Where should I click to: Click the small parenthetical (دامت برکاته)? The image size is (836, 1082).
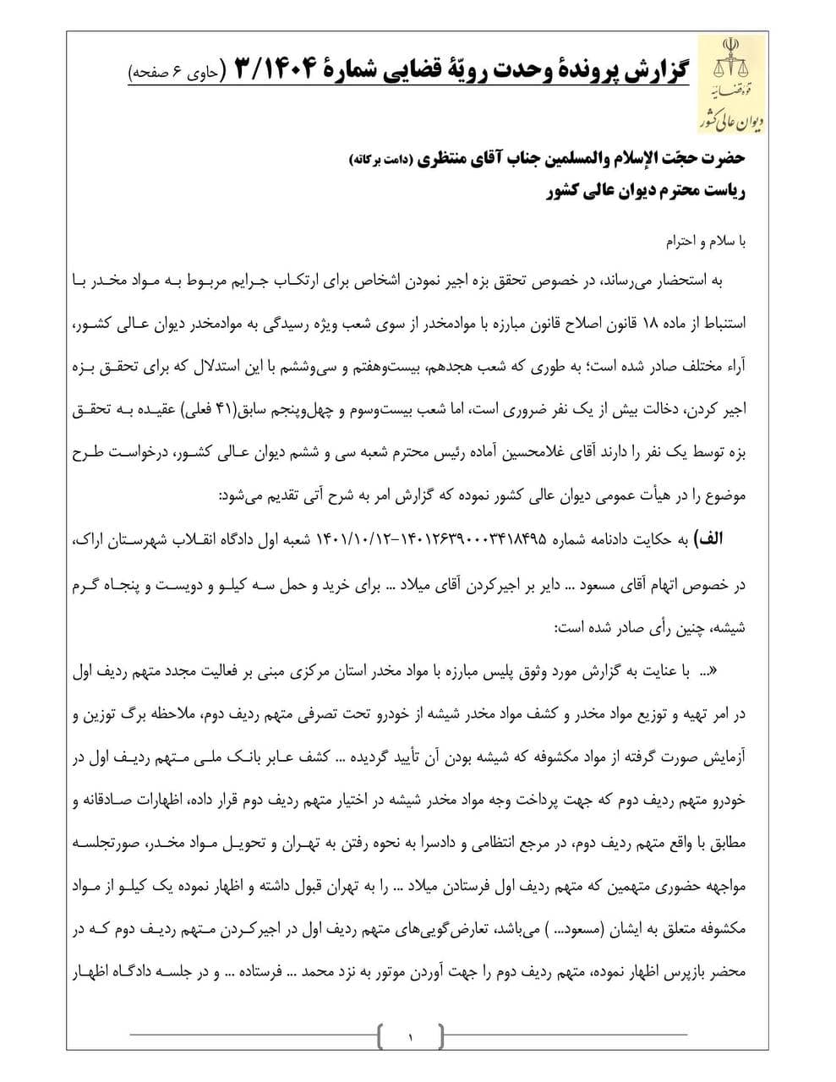[x=373, y=160]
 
